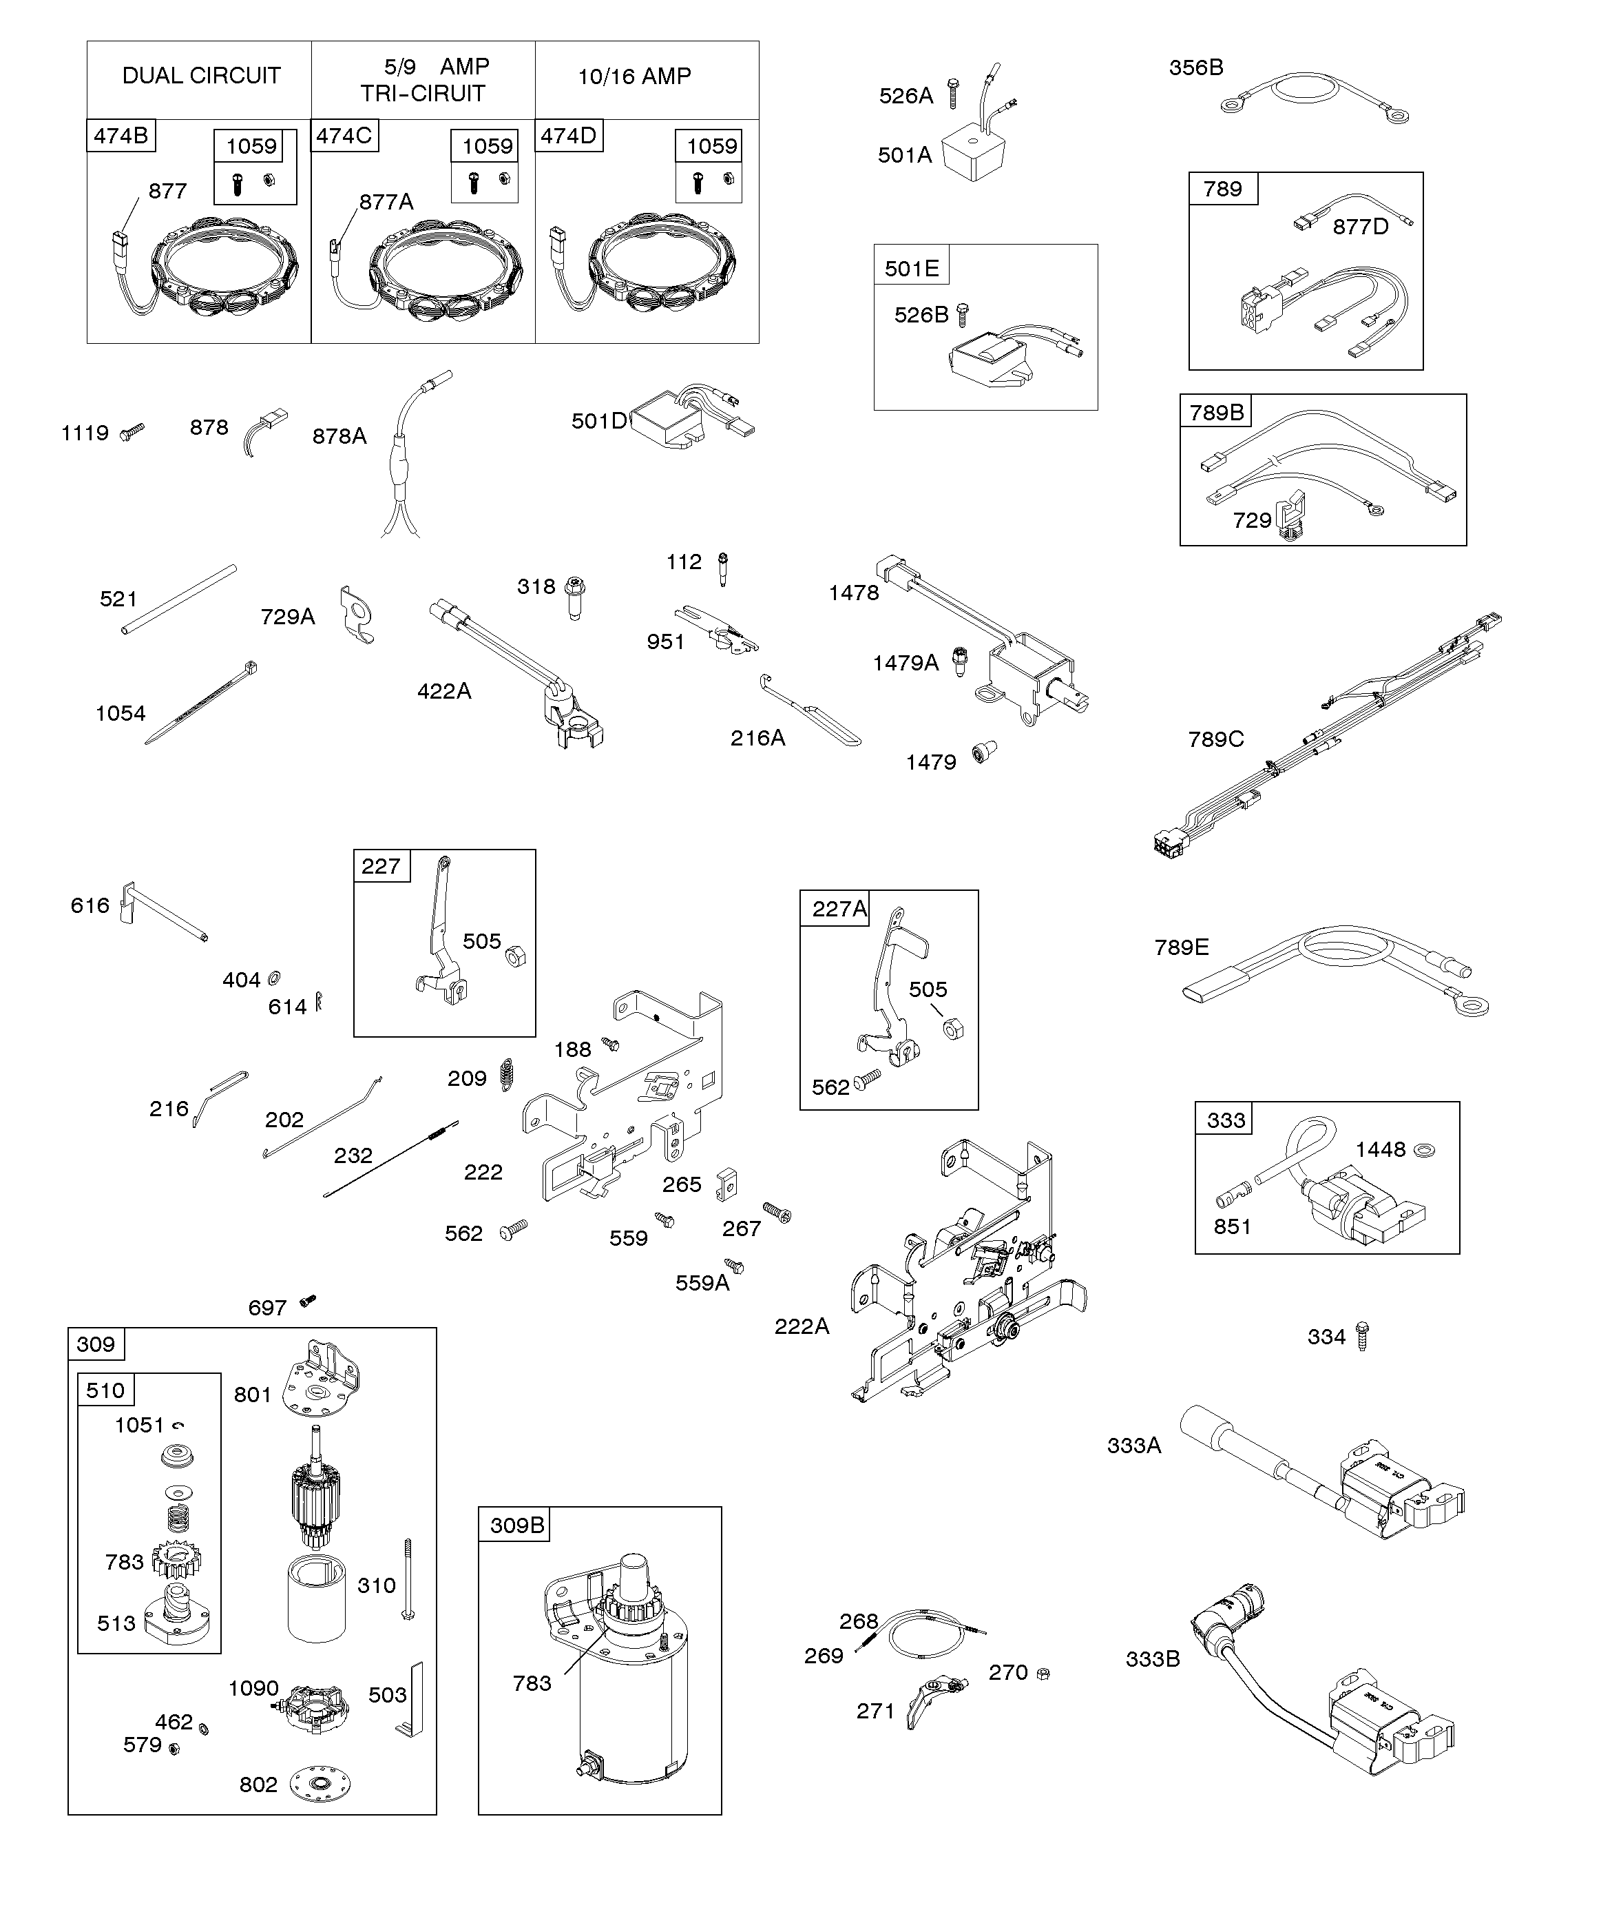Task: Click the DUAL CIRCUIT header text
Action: coord(201,76)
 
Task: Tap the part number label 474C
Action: coord(344,136)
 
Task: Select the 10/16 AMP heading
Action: coord(634,76)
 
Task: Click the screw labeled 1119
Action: coord(134,430)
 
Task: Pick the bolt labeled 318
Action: coord(574,597)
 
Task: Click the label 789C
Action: coord(1215,739)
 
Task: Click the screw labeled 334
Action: coord(1363,1336)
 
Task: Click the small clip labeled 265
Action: coord(725,1183)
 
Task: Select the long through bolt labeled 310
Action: coord(408,1580)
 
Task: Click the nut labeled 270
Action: coord(1044,1674)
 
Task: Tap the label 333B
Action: coord(1152,1659)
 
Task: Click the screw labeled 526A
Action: coord(952,94)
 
